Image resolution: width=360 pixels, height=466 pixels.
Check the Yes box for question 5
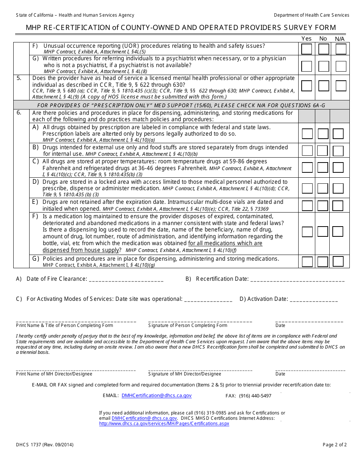point(307,86)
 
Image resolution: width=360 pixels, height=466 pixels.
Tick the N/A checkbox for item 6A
point(338,134)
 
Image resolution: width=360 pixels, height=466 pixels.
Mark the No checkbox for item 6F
point(323,231)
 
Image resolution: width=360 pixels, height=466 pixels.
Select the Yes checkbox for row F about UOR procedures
point(307,49)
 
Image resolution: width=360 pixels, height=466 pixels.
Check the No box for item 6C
point(323,167)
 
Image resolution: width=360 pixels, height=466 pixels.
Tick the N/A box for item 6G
point(338,261)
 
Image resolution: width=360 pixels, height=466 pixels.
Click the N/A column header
point(340,39)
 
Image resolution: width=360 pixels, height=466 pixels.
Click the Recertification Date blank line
point(297,280)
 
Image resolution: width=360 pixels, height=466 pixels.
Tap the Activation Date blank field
point(313,300)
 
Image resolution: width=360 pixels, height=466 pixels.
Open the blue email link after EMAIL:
point(157,396)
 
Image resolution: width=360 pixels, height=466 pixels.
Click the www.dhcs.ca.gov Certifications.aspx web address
point(164,424)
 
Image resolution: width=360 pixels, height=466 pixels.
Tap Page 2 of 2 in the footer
point(335,445)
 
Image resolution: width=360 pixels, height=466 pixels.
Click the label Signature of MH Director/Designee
point(185,374)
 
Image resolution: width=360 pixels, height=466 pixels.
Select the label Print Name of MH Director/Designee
point(54,374)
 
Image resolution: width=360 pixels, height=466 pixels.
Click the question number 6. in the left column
point(19,113)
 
